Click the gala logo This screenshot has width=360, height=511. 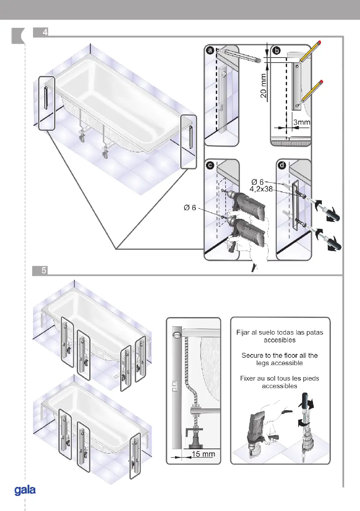click(x=25, y=490)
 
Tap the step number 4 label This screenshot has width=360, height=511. click(x=45, y=32)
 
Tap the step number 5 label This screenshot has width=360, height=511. click(x=44, y=270)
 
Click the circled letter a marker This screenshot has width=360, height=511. click(x=210, y=51)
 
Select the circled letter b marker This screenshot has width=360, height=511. click(x=277, y=51)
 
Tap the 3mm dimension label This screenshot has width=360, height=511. click(x=302, y=122)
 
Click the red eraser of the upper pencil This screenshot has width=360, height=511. click(x=321, y=42)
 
